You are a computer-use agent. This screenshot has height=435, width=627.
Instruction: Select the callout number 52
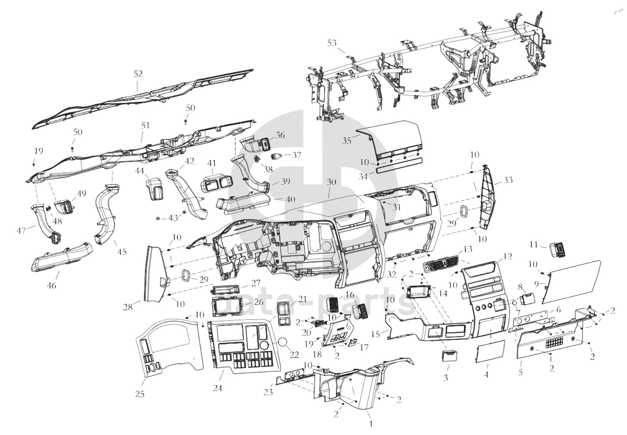click(138, 74)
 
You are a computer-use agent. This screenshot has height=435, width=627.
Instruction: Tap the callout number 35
click(347, 141)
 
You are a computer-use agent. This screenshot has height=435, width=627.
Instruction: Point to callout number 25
click(140, 394)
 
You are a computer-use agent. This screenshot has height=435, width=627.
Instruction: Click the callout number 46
click(52, 285)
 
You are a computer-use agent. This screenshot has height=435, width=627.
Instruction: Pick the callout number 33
click(508, 180)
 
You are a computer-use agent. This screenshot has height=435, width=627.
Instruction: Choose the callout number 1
click(370, 424)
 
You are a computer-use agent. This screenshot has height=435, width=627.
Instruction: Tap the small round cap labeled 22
click(283, 342)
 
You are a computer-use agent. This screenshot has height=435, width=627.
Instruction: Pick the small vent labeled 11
click(559, 249)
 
